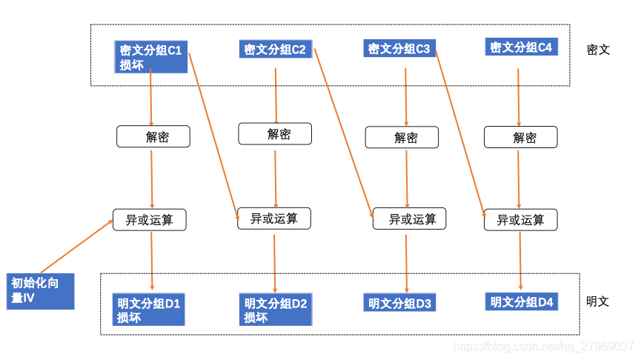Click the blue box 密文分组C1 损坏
coord(151,57)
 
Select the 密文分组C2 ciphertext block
coord(276,49)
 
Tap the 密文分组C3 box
coord(399,48)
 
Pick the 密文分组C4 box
coord(521,47)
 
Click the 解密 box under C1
coord(153,136)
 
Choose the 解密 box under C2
coord(275,133)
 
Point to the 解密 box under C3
coord(402,137)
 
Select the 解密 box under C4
coord(521,137)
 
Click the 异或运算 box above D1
coord(150,220)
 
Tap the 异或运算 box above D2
coord(274,219)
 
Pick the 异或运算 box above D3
coord(410,219)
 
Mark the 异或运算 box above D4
coord(521,220)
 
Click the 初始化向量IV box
coord(41,291)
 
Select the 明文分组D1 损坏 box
coord(149,310)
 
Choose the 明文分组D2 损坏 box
coord(276,310)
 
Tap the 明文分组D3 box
coord(399,302)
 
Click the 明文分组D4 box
coord(522,301)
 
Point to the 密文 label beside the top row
coord(598,50)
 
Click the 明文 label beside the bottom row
coord(598,301)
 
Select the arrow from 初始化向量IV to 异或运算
coord(76,247)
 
